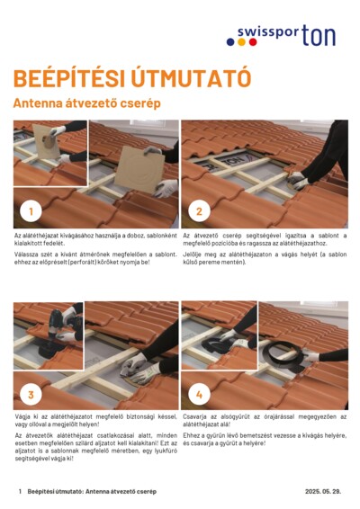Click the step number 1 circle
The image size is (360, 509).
tap(31, 212)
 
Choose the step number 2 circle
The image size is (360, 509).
tap(199, 212)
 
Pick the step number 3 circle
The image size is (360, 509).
tap(31, 394)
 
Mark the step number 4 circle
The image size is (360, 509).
tap(199, 394)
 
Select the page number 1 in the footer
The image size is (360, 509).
tap(20, 492)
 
